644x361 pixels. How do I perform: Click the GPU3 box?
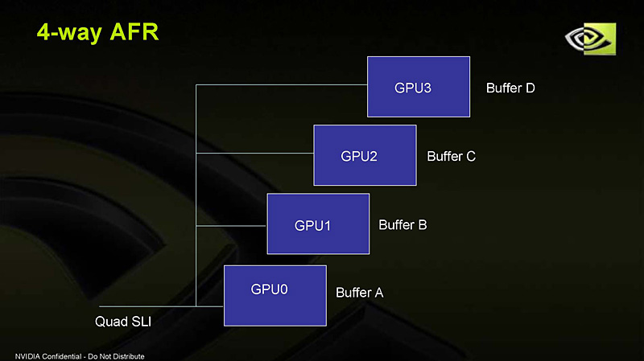click(x=419, y=87)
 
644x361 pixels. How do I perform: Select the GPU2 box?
click(x=365, y=155)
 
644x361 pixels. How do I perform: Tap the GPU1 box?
click(x=318, y=224)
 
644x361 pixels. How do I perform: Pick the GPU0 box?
click(x=275, y=295)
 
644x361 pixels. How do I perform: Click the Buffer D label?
click(x=510, y=88)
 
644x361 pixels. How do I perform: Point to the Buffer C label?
click(x=451, y=156)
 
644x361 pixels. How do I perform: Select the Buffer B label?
click(x=402, y=224)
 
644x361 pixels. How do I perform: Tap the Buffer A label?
click(x=359, y=293)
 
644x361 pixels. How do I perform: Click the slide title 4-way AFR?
click(x=98, y=32)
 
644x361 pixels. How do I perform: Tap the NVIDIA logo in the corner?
click(x=588, y=40)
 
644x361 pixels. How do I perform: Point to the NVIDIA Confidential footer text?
click(x=80, y=355)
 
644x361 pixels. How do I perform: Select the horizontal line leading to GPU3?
click(x=282, y=84)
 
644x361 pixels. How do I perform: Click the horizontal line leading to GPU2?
click(x=254, y=153)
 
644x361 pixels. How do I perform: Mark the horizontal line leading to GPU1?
click(x=232, y=226)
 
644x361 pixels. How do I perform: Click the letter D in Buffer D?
click(x=530, y=88)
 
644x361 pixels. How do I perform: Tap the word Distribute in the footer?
click(x=129, y=355)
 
